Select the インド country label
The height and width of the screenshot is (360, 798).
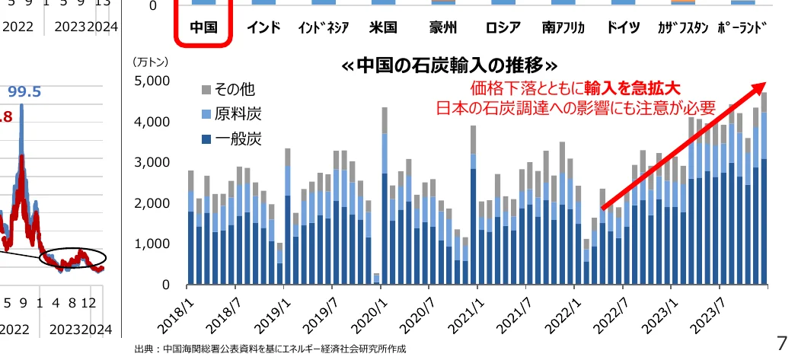263,28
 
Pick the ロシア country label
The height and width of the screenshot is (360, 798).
503,28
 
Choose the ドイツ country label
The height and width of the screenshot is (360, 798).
623,28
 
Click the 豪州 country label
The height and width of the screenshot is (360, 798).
442,28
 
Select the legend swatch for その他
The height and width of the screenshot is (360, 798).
206,90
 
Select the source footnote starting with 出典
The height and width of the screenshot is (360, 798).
270,349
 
